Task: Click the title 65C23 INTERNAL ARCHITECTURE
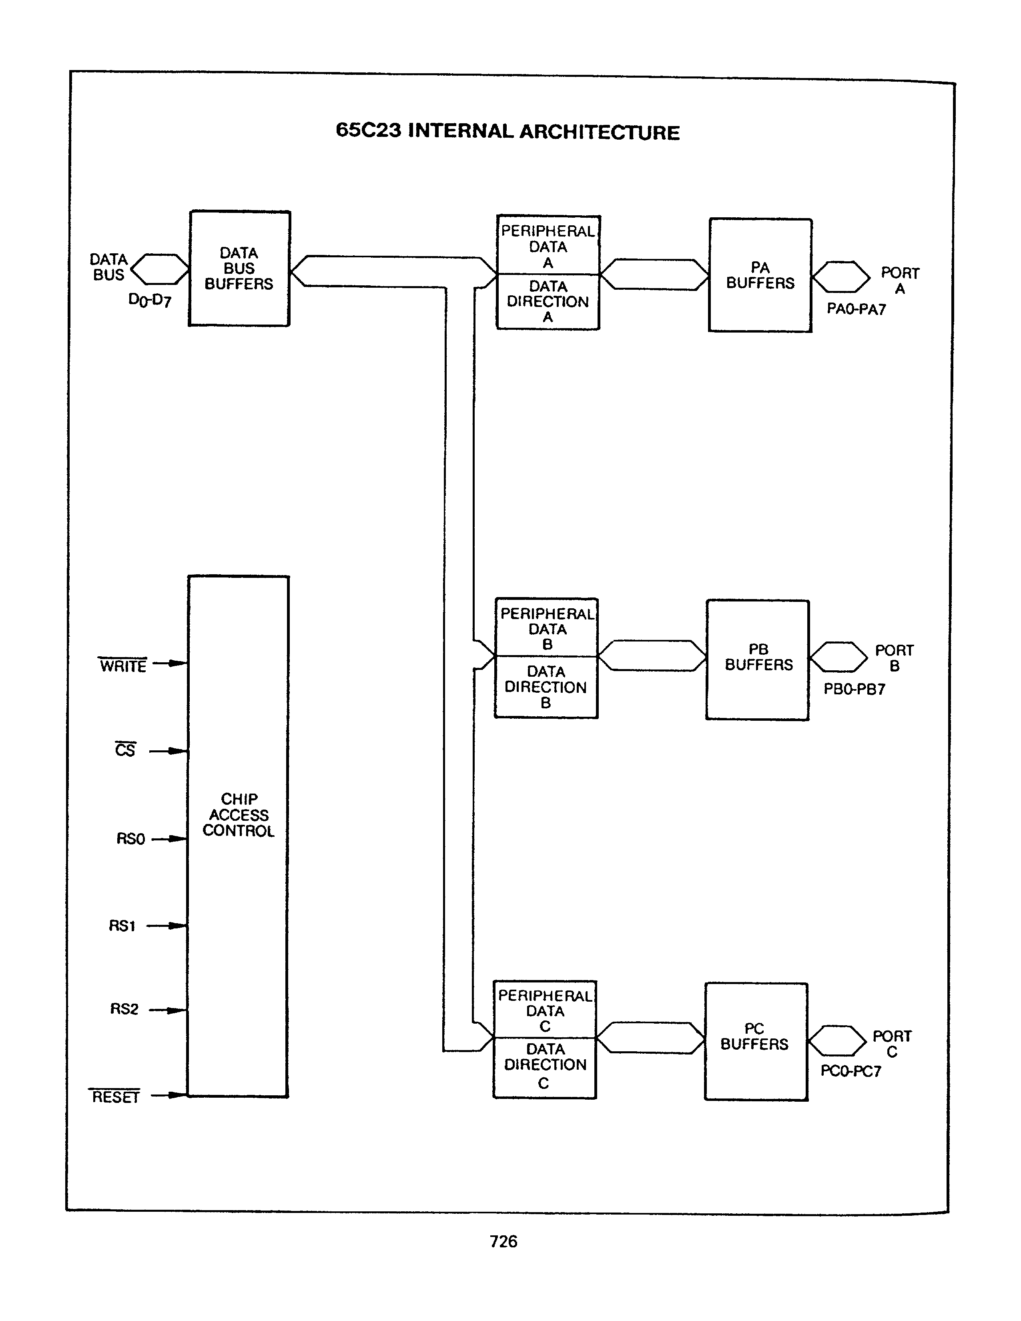[x=507, y=131]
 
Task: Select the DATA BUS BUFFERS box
[x=239, y=269]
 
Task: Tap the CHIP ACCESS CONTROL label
[x=238, y=815]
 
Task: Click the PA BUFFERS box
[x=760, y=275]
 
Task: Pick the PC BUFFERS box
[x=756, y=1041]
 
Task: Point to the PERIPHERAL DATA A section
[x=548, y=246]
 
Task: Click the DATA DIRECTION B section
[x=546, y=687]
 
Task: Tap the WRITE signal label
[x=123, y=666]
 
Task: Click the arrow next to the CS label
[x=169, y=751]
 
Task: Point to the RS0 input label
[x=130, y=839]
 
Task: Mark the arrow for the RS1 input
[x=168, y=926]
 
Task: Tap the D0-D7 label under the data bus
[x=150, y=300]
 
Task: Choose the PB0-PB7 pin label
[x=854, y=689]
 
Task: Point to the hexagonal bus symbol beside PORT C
[x=838, y=1041]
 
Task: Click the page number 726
[x=503, y=1241]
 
